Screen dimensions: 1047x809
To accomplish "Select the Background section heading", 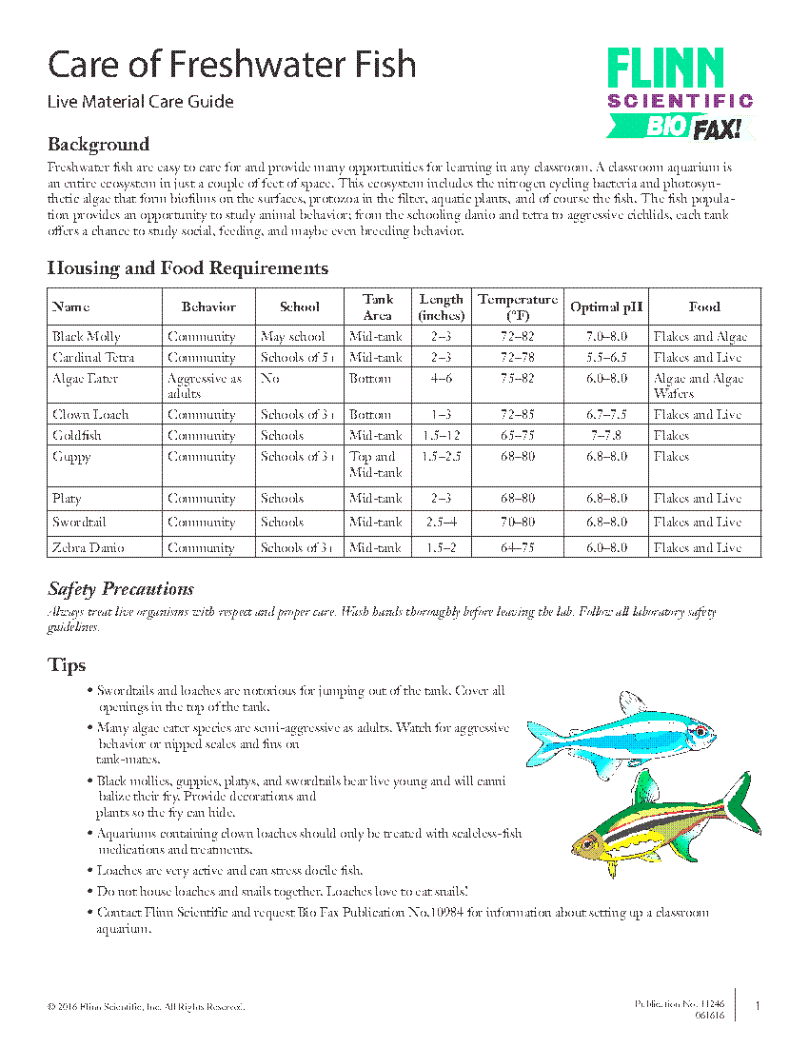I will pos(98,145).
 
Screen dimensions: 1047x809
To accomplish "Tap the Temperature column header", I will pos(518,306).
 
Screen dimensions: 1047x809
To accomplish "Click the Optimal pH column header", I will pos(606,306).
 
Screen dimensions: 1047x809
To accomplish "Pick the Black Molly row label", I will pos(87,336).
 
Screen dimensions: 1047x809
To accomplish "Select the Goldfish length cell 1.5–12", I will pos(441,435).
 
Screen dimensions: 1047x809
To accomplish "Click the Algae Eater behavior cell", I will pos(205,385).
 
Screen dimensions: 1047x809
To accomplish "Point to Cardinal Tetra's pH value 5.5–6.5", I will pos(606,357).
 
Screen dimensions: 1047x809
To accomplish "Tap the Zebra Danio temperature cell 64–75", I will pos(518,547).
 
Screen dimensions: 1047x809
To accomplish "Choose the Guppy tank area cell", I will pos(377,464).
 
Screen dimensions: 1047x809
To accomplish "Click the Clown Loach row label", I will pos(90,414).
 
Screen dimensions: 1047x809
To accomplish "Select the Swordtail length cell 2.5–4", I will pos(441,522).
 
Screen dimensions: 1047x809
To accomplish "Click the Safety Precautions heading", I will pos(121,588).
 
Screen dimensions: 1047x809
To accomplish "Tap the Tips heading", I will pos(67,664).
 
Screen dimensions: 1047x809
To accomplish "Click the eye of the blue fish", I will pos(700,731).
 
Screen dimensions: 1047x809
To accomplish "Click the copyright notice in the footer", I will pos(146,1006).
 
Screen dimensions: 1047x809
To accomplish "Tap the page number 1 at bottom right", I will pos(757,1006).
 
